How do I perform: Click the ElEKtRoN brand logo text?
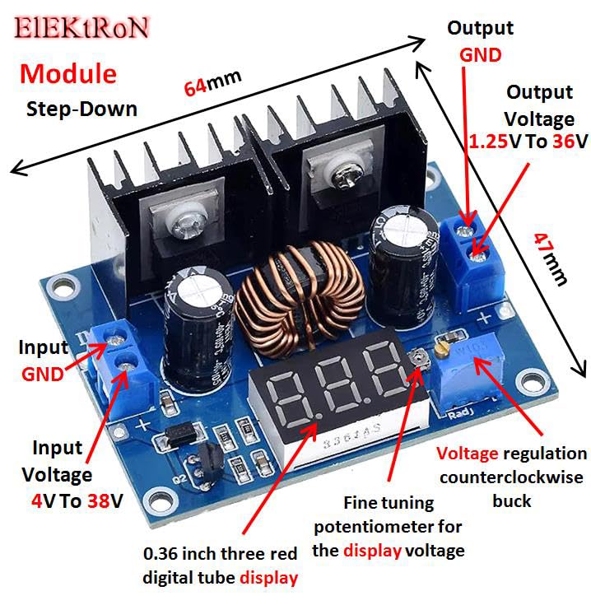pyautogui.click(x=81, y=26)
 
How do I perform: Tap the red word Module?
pyautogui.click(x=68, y=73)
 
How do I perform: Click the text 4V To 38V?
pyautogui.click(x=72, y=500)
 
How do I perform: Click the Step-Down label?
pyautogui.click(x=81, y=109)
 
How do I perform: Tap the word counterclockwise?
pyautogui.click(x=511, y=477)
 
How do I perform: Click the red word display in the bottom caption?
pyautogui.click(x=268, y=578)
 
